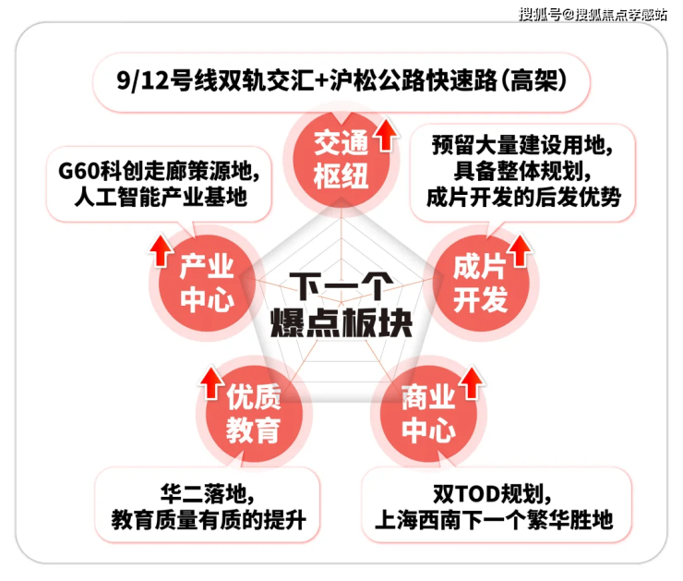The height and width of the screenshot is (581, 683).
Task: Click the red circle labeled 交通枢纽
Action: [x=341, y=160]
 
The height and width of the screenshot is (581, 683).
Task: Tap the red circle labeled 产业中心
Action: [x=207, y=284]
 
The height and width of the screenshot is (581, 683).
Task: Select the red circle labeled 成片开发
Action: [x=481, y=284]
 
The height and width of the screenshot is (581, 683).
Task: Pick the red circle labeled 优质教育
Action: [x=254, y=413]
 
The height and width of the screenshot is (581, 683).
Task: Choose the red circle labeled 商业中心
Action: [x=428, y=413]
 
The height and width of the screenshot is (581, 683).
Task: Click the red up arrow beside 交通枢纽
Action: [x=386, y=135]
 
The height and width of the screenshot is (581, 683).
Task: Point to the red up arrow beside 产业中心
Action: [x=162, y=250]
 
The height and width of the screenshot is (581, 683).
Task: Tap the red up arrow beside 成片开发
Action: [x=521, y=250]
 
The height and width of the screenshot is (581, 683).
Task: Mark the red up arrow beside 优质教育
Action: [x=212, y=382]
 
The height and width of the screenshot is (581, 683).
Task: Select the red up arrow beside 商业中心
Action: [x=472, y=382]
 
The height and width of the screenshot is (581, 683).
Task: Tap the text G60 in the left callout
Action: [x=78, y=171]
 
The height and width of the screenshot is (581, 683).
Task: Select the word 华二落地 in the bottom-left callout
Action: [x=202, y=494]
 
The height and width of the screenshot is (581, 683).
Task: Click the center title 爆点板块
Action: [x=341, y=323]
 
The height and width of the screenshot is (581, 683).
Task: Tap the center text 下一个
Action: [x=341, y=286]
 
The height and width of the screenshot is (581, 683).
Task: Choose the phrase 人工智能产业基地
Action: [x=161, y=197]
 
